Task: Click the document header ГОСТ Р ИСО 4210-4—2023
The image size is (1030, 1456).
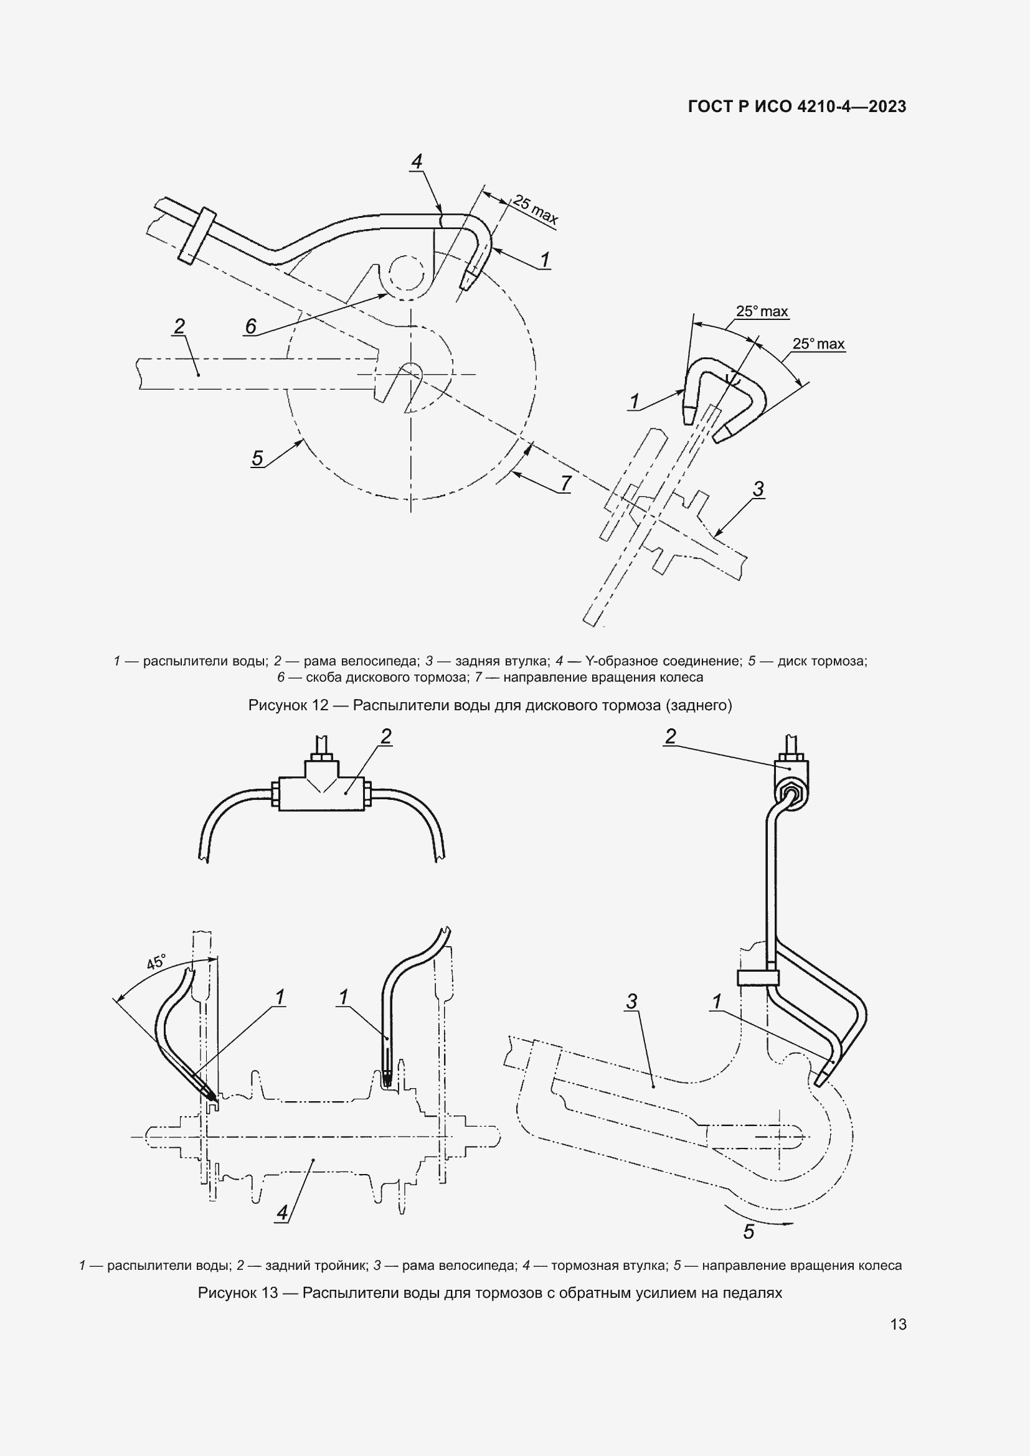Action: point(796,106)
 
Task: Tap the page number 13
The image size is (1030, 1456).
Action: point(898,1324)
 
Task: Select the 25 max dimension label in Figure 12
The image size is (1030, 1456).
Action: point(536,210)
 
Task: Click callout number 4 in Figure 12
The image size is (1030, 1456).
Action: point(417,162)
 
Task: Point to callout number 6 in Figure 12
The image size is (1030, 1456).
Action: point(250,326)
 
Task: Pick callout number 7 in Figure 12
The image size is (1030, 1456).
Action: point(565,483)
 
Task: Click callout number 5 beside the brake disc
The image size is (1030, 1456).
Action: point(257,458)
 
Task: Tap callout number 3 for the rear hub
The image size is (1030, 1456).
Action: point(758,488)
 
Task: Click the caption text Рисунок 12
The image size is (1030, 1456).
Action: point(288,705)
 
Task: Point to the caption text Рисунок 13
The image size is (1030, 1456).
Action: point(238,1292)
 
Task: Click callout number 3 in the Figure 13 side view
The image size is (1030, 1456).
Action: point(631,1002)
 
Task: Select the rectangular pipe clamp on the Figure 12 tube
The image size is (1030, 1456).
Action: point(197,235)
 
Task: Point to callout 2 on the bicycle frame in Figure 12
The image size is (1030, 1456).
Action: point(179,326)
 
